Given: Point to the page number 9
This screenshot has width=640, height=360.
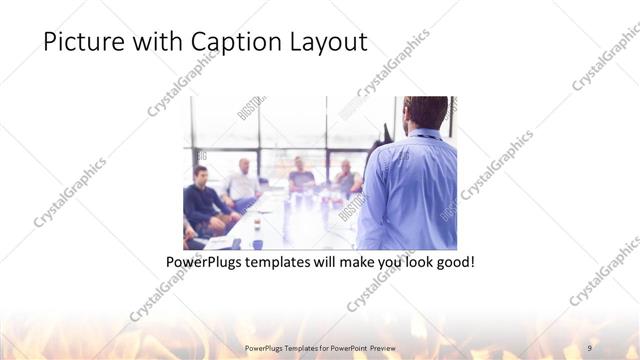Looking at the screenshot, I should point(592,347).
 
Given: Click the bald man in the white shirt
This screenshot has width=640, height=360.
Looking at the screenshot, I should point(242,179).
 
